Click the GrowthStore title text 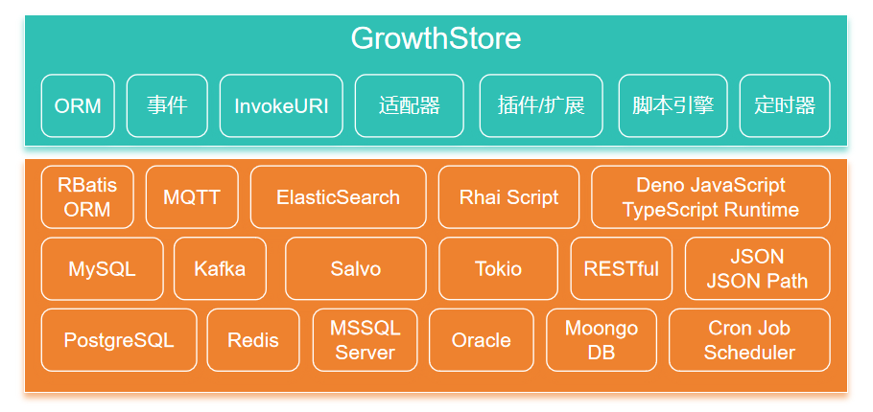click(x=436, y=38)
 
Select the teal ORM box click(x=78, y=105)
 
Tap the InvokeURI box click(x=281, y=105)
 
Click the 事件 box click(x=167, y=105)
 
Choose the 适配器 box click(x=410, y=105)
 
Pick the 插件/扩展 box click(x=541, y=105)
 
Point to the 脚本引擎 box click(x=673, y=105)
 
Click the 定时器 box click(x=785, y=105)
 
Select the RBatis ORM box click(x=87, y=196)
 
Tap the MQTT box click(x=192, y=196)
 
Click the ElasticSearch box click(x=338, y=196)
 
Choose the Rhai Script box click(x=508, y=196)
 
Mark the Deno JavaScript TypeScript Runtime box click(x=711, y=196)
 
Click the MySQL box click(x=103, y=268)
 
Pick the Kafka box click(x=220, y=268)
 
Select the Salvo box click(x=356, y=268)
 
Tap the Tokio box click(x=498, y=268)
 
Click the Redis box click(x=253, y=340)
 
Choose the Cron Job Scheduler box click(x=749, y=340)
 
